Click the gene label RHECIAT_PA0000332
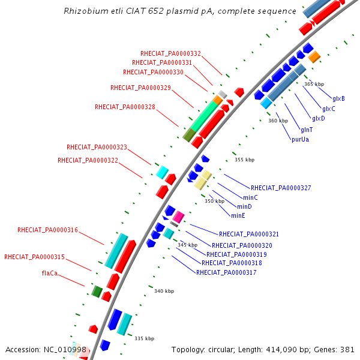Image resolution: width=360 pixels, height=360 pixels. point(170,53)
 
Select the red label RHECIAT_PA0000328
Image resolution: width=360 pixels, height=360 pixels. point(125,107)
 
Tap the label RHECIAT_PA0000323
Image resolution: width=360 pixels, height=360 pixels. point(97,147)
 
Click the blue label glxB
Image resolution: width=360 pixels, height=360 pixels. point(338,99)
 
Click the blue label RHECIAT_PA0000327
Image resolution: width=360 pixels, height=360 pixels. point(281,188)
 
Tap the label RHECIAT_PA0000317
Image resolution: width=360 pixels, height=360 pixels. point(226,273)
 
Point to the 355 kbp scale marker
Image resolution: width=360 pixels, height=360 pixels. point(244,160)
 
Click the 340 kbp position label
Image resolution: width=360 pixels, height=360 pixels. point(164,291)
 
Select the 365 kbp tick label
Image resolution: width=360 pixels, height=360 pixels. point(314,84)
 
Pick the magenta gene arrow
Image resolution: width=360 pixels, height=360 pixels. point(178,217)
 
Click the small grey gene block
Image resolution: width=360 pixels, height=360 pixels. point(222,94)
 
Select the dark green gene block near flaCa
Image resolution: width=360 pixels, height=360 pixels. point(97,292)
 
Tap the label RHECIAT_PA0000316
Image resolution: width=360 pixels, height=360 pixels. point(47,230)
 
